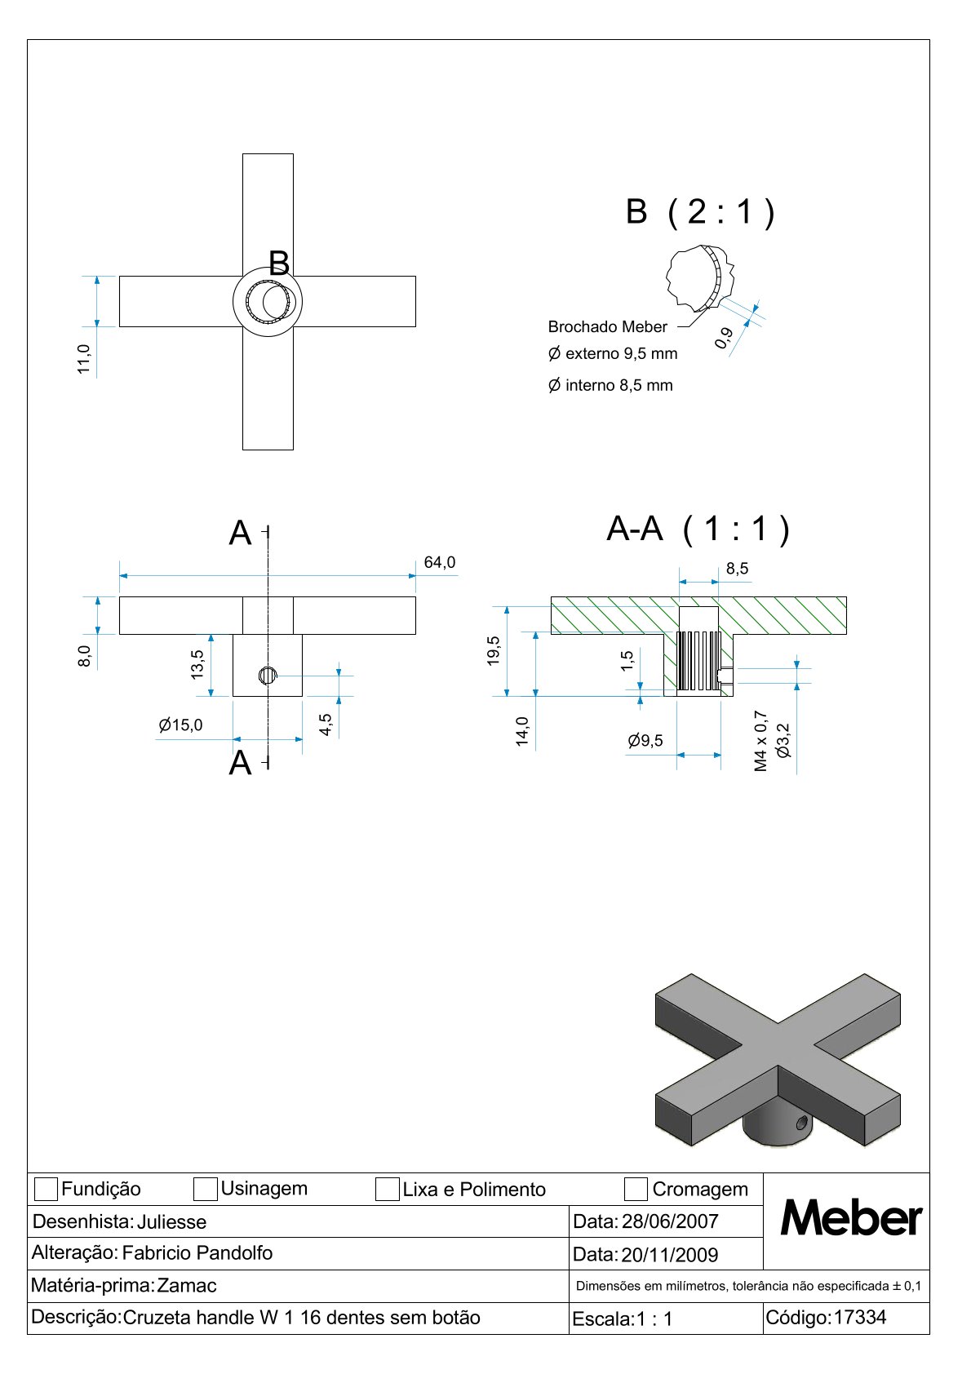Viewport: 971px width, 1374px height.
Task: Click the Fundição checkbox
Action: (x=47, y=1189)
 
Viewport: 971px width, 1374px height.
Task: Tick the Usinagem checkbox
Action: (x=205, y=1189)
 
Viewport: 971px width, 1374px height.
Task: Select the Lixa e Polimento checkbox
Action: (x=387, y=1189)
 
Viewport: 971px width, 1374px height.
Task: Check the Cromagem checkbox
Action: (x=636, y=1189)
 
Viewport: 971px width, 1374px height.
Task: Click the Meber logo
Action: (x=850, y=1219)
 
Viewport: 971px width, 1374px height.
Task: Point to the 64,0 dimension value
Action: (x=440, y=563)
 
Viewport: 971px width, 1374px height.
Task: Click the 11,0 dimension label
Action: (x=84, y=359)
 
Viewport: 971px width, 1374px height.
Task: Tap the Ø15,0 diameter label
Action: (x=180, y=725)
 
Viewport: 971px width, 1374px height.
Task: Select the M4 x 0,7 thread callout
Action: (x=761, y=741)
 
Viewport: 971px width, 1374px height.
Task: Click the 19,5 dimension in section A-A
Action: (x=494, y=651)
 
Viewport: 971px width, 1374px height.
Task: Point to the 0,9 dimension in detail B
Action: (x=724, y=338)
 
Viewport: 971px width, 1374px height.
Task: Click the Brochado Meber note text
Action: (x=607, y=327)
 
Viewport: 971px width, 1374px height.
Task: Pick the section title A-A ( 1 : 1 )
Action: (x=698, y=530)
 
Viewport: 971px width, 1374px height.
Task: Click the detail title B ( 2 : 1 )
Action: (x=699, y=212)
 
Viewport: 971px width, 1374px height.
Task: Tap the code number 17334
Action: (x=859, y=1317)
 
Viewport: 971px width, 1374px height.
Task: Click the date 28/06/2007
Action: (x=670, y=1221)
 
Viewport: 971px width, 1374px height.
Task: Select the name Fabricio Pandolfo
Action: (x=197, y=1252)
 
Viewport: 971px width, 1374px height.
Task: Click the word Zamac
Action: (x=187, y=1286)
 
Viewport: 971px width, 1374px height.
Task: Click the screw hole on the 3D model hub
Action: (x=801, y=1123)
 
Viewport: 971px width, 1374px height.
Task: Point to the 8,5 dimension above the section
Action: (x=737, y=569)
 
